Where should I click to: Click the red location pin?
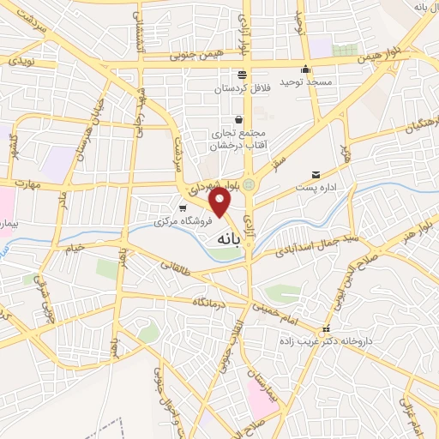pyautogui.click(x=220, y=201)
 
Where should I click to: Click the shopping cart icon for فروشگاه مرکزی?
pyautogui.click(x=182, y=208)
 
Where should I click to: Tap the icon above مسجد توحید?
pyautogui.click(x=306, y=69)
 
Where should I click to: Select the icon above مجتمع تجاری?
pyautogui.click(x=238, y=120)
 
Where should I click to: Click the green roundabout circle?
pyautogui.click(x=249, y=183)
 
